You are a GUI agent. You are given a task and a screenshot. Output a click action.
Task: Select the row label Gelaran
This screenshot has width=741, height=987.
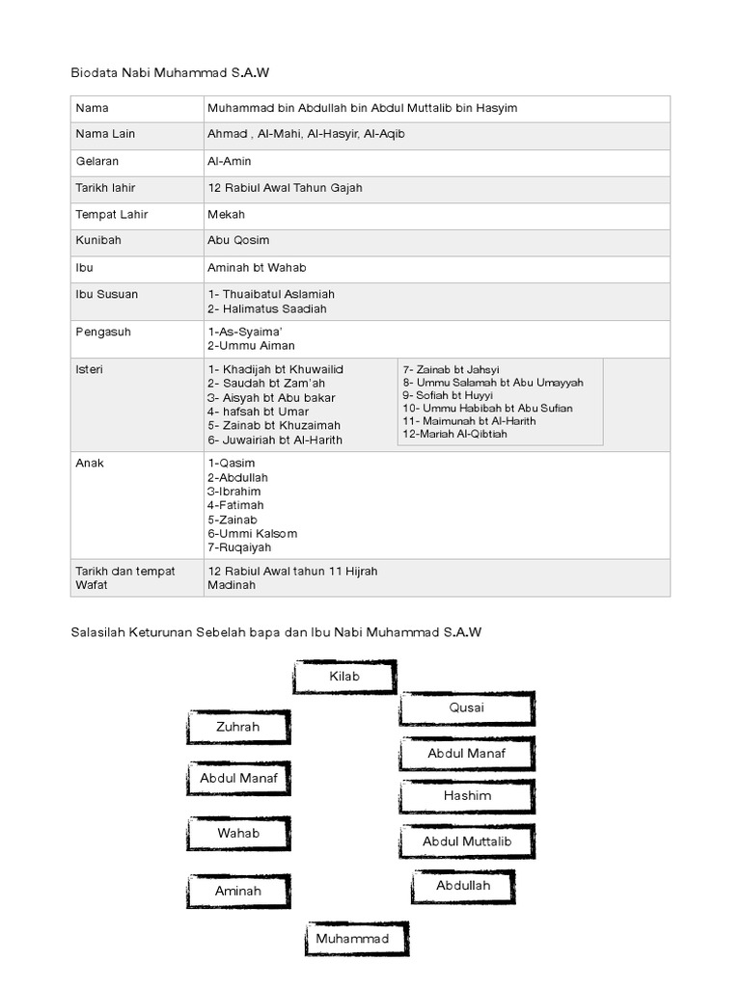[97, 162]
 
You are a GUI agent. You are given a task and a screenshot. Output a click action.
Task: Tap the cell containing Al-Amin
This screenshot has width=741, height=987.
[230, 162]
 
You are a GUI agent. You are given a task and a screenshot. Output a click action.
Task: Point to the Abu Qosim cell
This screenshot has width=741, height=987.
[238, 241]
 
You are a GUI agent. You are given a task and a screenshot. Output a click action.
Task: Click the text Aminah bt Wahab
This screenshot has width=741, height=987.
[256, 268]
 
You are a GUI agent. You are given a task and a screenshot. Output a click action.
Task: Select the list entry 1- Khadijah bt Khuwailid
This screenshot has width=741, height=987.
[275, 369]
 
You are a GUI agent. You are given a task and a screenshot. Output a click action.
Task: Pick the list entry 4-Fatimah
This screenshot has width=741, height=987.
[235, 505]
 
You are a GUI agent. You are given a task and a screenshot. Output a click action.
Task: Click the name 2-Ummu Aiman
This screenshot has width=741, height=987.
[251, 345]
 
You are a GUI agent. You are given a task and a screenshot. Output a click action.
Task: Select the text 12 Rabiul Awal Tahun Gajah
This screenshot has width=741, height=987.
[285, 188]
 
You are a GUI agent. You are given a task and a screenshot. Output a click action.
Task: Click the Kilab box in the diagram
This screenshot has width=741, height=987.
[344, 677]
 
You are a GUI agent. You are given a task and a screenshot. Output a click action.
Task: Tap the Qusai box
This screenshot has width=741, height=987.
[467, 708]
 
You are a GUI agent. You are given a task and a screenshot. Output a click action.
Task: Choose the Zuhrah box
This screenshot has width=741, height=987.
[238, 727]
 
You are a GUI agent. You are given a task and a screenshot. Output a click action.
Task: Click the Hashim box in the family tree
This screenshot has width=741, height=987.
[467, 796]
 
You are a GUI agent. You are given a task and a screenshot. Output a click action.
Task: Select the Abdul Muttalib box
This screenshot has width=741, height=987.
[467, 841]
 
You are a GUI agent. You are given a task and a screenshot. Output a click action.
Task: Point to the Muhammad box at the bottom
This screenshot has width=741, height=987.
[352, 938]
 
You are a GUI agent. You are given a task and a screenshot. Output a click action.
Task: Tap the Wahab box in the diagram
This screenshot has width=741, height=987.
[238, 833]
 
